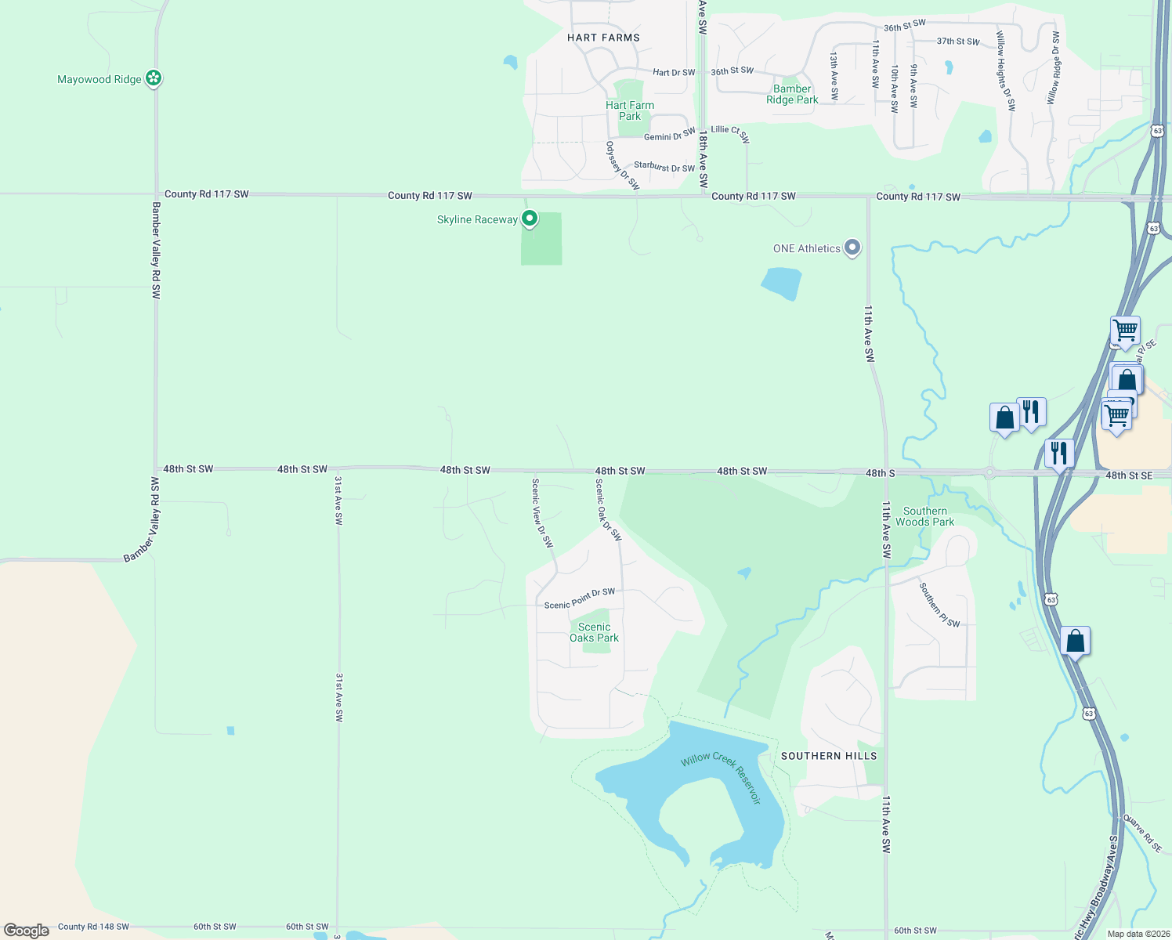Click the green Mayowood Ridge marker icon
(154, 78)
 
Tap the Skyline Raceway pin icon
(530, 219)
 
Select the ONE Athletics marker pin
(852, 248)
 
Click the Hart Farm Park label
(630, 110)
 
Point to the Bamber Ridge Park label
(792, 94)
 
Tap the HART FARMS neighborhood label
(603, 38)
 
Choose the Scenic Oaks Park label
(594, 632)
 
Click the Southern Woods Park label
(924, 516)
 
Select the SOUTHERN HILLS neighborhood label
(829, 756)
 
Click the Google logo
(27, 931)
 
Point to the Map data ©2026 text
(1138, 934)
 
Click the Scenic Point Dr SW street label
(580, 599)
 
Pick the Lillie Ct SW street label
(730, 133)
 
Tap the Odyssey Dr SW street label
(623, 165)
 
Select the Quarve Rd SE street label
(1143, 833)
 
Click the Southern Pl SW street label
(939, 605)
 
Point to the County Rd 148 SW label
(93, 927)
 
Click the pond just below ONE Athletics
(782, 283)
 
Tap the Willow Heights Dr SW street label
(1005, 70)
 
